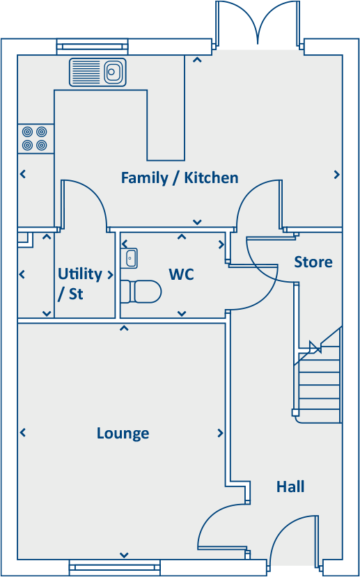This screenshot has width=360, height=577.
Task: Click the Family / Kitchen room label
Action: coord(180,178)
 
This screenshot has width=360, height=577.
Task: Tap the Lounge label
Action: coord(123,434)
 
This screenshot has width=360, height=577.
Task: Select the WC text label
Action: coord(181,274)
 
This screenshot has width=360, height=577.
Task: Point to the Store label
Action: coord(313,262)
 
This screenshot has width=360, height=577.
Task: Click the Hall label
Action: coord(290,487)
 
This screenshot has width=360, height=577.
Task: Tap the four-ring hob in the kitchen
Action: coord(35,139)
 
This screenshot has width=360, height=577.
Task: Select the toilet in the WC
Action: coord(141,292)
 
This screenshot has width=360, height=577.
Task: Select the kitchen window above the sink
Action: coord(93,47)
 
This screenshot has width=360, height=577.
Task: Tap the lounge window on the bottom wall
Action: coord(114,567)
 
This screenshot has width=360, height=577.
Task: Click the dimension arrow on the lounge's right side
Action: coord(220,433)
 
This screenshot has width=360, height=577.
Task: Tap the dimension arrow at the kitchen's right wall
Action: coord(336,175)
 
